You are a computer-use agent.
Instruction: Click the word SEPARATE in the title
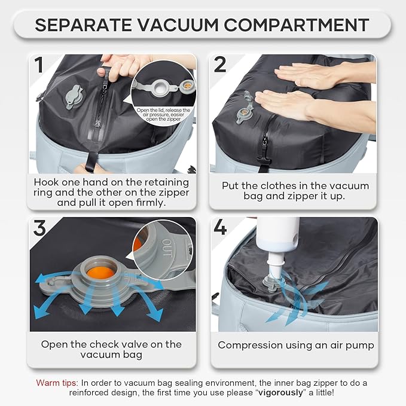pyautogui.click(x=81, y=25)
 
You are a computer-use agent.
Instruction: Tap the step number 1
pyautogui.click(x=40, y=64)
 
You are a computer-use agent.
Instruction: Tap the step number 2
pyautogui.click(x=220, y=64)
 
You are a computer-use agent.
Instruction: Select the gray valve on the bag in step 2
pyautogui.click(x=245, y=112)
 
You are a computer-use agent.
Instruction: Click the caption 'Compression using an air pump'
pyautogui.click(x=295, y=345)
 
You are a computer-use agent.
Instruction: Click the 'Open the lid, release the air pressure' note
pyautogui.click(x=163, y=115)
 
